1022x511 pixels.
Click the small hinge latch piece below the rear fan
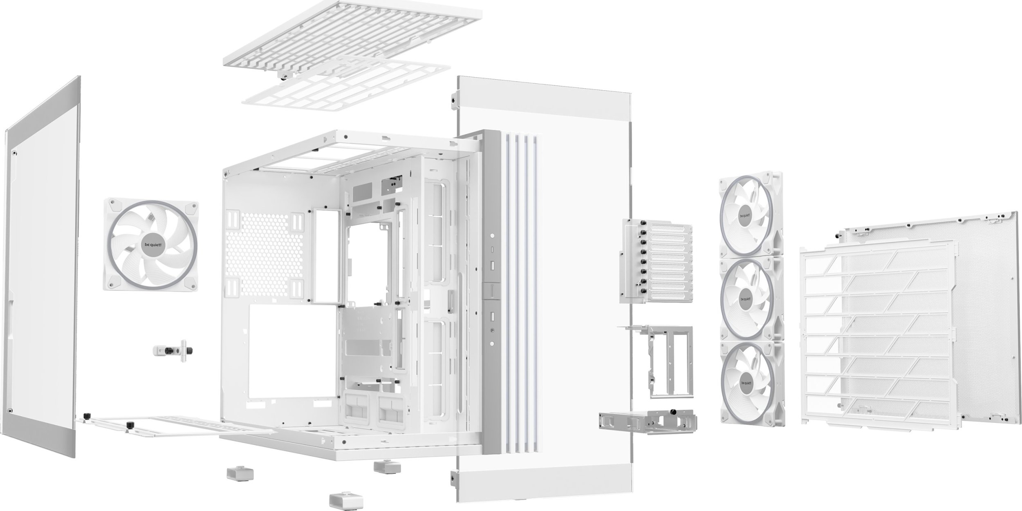[173, 350]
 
